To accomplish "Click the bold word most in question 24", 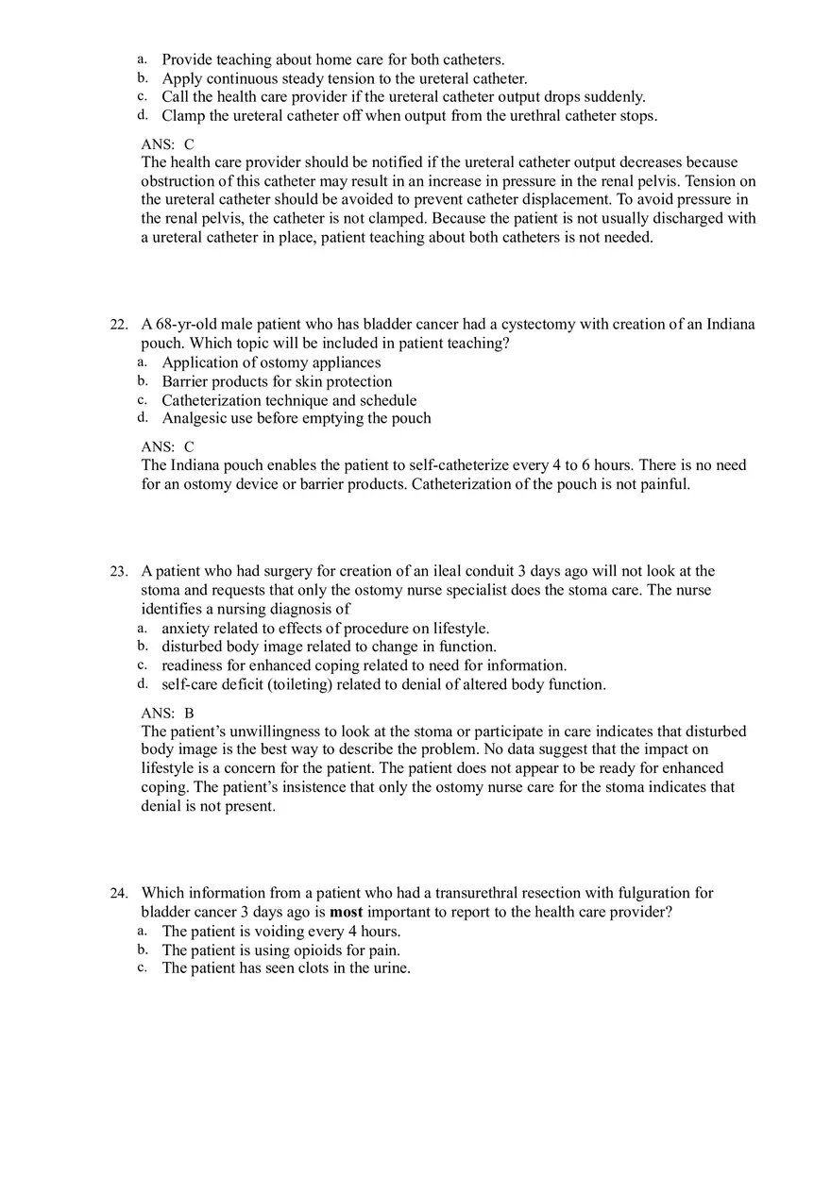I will (x=346, y=912).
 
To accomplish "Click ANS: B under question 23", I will (x=167, y=713).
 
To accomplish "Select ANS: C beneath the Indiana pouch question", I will (x=167, y=446).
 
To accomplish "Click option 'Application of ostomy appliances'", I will (x=271, y=362).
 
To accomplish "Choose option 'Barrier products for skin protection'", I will (x=277, y=381).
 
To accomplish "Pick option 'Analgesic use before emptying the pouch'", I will (x=296, y=418).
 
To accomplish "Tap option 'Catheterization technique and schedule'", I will (x=289, y=400).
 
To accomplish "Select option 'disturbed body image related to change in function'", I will (x=329, y=647).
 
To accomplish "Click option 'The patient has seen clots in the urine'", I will (x=286, y=968).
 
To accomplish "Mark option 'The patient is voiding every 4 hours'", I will (x=280, y=932).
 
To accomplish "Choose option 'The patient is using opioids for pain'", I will (x=280, y=950).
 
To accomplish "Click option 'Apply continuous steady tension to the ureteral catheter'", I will (x=344, y=78).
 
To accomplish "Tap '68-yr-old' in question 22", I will (x=186, y=325).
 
